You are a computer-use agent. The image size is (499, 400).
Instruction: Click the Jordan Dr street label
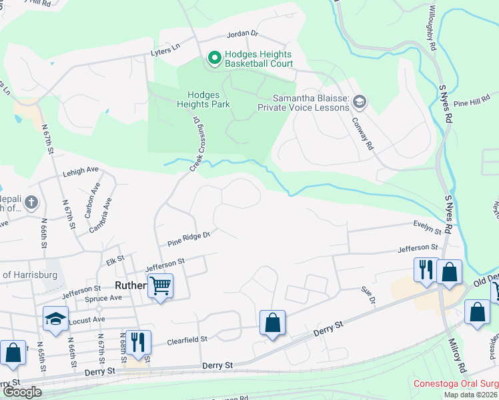242,33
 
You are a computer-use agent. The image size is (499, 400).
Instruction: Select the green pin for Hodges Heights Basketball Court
214,59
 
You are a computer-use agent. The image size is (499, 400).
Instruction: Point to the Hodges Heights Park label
203,99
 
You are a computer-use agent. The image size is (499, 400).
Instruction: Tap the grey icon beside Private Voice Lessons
360,101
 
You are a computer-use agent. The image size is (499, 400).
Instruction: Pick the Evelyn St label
427,227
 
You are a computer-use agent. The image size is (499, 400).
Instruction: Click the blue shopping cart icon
160,286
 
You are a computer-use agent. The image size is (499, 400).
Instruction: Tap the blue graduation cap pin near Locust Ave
56,319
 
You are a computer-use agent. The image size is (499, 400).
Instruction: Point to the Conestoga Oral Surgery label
456,384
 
